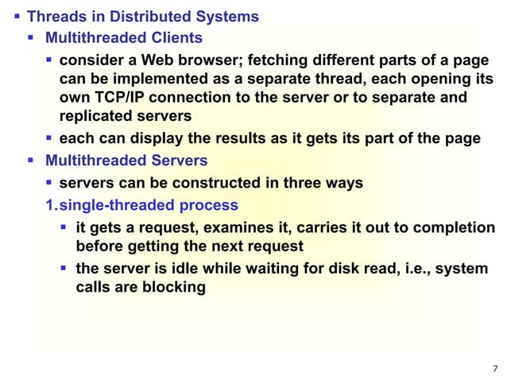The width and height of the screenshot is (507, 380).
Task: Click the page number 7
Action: (x=495, y=368)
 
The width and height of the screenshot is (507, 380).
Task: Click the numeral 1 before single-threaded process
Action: (x=48, y=206)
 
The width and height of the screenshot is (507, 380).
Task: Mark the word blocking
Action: (x=171, y=287)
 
